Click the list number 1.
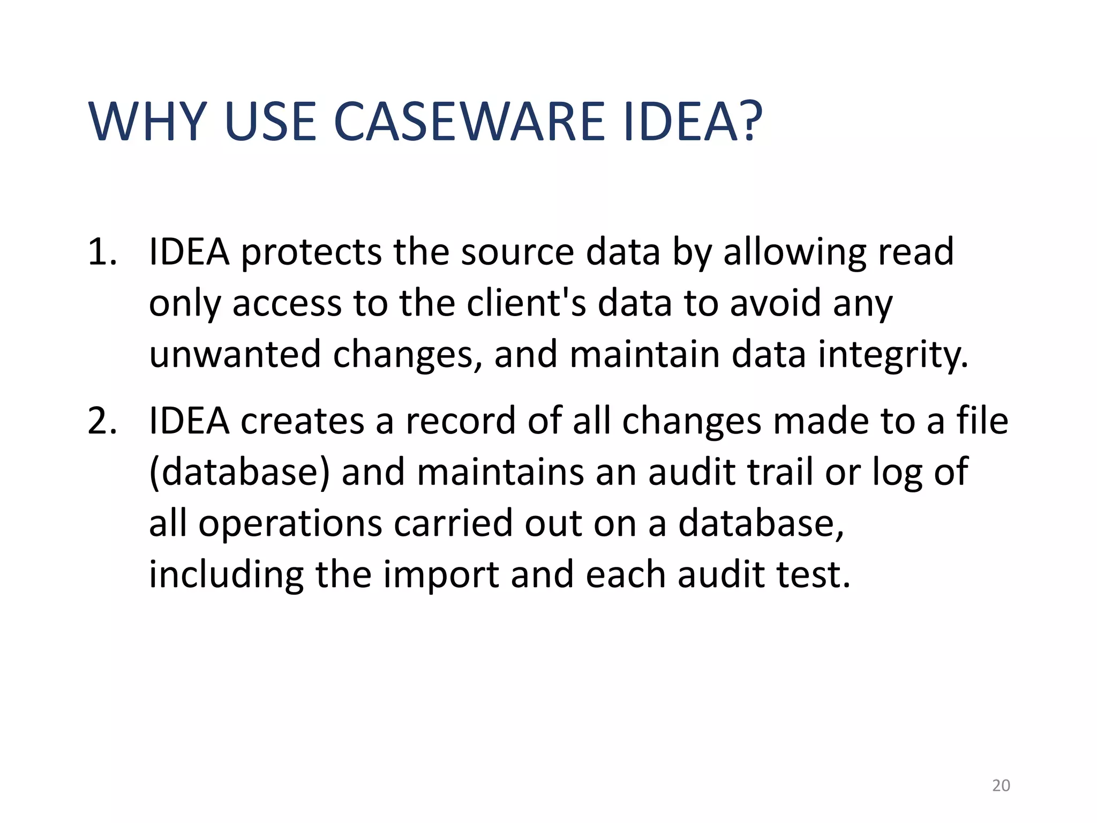102,252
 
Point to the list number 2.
102,421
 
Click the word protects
311,252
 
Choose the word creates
302,421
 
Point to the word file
982,421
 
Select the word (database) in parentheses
239,473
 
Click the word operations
290,524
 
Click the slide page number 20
1001,785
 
